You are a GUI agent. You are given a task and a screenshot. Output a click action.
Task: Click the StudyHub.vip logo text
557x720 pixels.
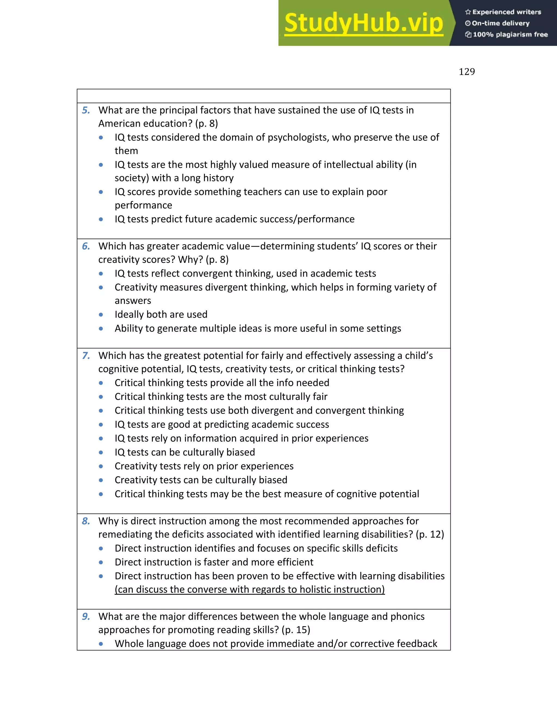coord(363,23)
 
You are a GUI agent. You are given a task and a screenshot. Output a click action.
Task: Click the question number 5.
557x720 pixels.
coord(86,110)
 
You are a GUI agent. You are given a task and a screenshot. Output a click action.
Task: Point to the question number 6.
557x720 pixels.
coord(86,246)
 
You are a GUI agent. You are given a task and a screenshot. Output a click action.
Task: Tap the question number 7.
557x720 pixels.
coord(86,356)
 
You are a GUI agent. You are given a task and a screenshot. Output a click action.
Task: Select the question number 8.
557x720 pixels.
coord(86,521)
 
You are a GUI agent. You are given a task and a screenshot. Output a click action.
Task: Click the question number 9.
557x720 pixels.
coord(86,616)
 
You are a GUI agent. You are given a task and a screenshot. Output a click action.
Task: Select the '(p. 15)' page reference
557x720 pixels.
coord(296,630)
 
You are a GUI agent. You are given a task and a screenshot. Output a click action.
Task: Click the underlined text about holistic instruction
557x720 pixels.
coord(249,590)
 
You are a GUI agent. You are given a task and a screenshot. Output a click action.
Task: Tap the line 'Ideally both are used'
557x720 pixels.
coord(161,315)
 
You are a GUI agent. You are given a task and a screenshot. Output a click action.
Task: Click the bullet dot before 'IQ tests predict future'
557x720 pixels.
coord(101,219)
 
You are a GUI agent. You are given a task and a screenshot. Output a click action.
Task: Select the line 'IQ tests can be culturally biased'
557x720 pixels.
coord(185,452)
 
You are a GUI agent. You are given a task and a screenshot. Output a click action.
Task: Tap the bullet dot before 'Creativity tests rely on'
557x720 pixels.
coord(101,467)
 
